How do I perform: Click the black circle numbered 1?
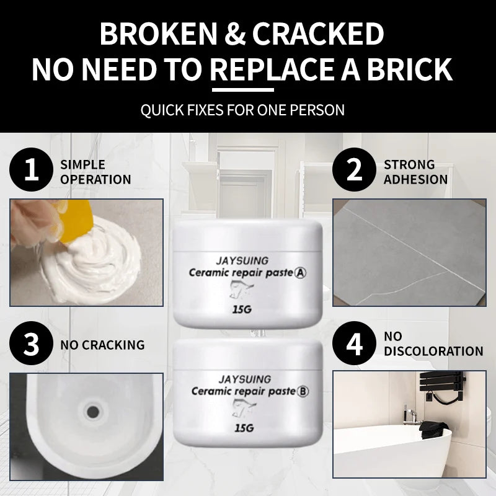(x=32, y=169)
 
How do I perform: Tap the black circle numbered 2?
(x=354, y=169)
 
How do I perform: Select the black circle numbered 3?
(x=32, y=343)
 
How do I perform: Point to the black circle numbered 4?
(x=354, y=343)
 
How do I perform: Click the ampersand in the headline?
(x=235, y=33)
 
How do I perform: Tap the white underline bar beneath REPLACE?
(x=242, y=90)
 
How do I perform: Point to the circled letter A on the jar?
(x=300, y=273)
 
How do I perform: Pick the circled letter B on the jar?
(x=303, y=392)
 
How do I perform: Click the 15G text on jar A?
(x=242, y=309)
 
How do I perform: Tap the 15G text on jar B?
(x=244, y=428)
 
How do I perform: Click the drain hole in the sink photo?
(x=93, y=412)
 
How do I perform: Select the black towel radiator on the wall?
(x=442, y=384)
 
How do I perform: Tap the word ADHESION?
(x=415, y=180)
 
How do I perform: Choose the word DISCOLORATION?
(x=433, y=351)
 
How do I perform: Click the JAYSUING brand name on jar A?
(x=242, y=261)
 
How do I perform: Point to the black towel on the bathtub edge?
(x=434, y=430)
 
